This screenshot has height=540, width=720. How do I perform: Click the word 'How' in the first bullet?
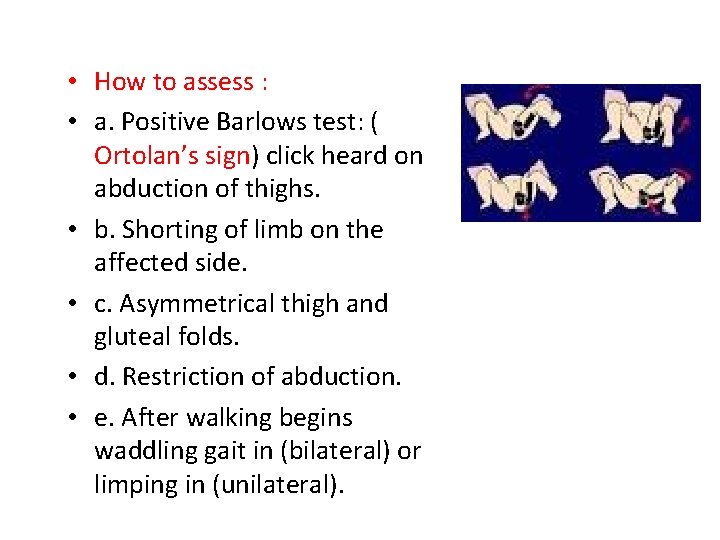tap(118, 82)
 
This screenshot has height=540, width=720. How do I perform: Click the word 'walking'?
tap(225, 416)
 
